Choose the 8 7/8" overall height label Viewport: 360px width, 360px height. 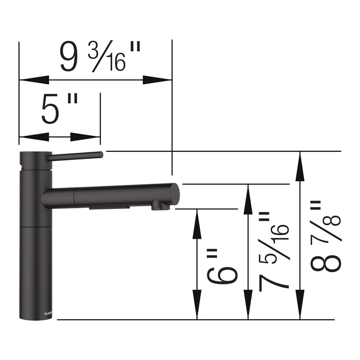[x=325, y=237]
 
